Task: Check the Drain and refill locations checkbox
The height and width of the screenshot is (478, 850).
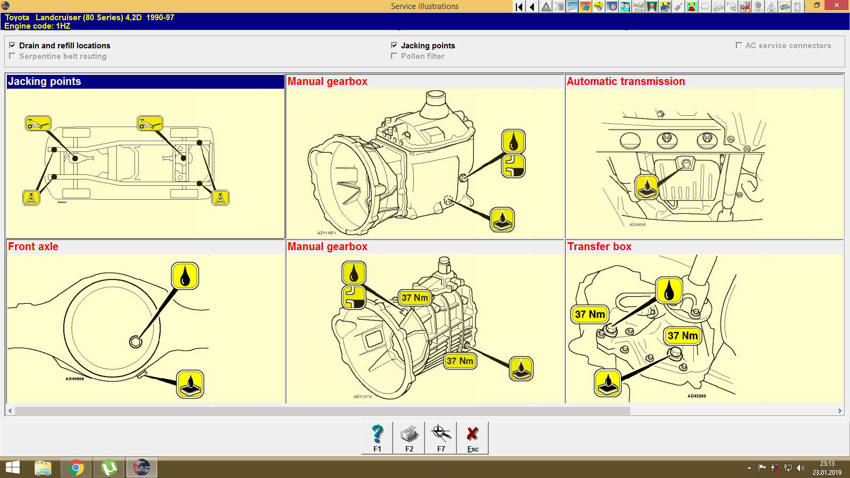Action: (x=12, y=46)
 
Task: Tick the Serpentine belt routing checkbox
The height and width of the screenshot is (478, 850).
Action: (x=12, y=56)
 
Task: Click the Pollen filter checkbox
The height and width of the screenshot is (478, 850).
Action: (x=394, y=56)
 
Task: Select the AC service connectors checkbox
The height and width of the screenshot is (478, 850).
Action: (x=738, y=46)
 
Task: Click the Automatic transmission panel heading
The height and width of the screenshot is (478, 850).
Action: (x=626, y=82)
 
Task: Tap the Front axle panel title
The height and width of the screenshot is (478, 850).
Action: (x=33, y=247)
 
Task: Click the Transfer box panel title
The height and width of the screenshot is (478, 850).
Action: (x=599, y=247)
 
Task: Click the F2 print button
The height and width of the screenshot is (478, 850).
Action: (x=409, y=438)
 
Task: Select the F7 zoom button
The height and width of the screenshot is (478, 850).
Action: (x=441, y=438)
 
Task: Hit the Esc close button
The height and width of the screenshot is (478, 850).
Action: (x=473, y=438)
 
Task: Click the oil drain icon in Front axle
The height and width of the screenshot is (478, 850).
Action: (x=190, y=384)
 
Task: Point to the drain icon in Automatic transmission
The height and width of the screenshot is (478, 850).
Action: (x=647, y=187)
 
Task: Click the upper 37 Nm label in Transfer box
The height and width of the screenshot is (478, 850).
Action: (x=590, y=314)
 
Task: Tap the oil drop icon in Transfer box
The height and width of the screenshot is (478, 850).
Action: (x=669, y=290)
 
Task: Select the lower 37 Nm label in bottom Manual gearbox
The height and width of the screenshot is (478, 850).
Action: (x=460, y=361)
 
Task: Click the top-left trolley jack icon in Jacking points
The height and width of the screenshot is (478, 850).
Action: (x=38, y=124)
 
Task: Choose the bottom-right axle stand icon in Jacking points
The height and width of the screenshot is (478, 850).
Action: (x=220, y=198)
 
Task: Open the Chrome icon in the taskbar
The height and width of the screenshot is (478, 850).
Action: (x=76, y=467)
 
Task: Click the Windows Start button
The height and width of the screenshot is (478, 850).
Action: (x=13, y=467)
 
